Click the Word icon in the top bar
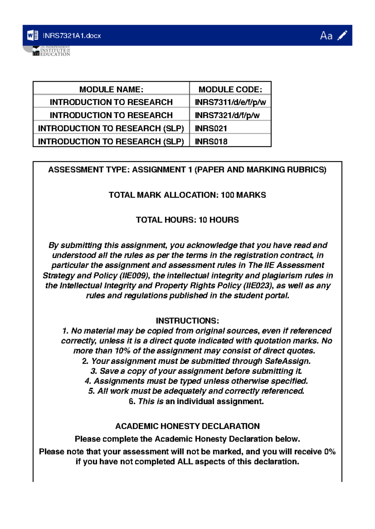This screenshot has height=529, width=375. [33, 35]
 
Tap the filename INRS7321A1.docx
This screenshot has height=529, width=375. [72, 36]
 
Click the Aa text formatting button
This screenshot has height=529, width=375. [326, 36]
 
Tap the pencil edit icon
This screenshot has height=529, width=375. [342, 35]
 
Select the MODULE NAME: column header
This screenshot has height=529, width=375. [111, 90]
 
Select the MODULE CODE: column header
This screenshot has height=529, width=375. [230, 90]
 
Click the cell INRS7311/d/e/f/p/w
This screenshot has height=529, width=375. [230, 102]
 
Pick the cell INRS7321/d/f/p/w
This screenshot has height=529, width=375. [227, 115]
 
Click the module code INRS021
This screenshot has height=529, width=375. [211, 129]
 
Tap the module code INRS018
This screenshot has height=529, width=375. [211, 142]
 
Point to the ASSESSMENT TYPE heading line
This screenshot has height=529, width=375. [187, 170]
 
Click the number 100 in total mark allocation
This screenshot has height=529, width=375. [227, 195]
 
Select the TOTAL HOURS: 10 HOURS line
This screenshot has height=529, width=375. [187, 220]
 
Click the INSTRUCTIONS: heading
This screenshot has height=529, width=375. [187, 321]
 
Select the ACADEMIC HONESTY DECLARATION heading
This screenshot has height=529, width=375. [187, 426]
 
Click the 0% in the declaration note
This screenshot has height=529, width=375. [330, 452]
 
